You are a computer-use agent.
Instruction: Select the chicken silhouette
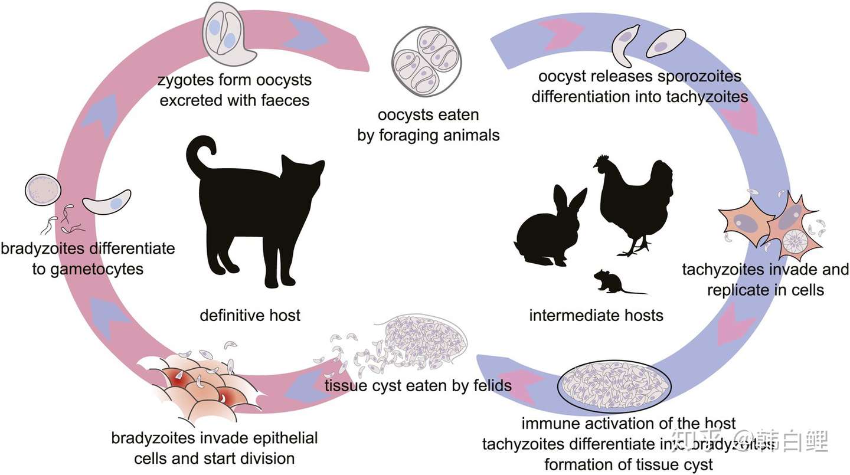[635, 201]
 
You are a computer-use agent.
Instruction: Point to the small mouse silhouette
[611, 282]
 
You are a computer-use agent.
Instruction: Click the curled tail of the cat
[201, 153]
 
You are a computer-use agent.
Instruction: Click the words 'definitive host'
[250, 315]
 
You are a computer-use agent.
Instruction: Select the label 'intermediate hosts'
[596, 315]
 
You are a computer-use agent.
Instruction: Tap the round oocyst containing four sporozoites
[427, 61]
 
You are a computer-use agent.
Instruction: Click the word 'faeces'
[281, 100]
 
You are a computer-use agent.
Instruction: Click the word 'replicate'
[738, 290]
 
